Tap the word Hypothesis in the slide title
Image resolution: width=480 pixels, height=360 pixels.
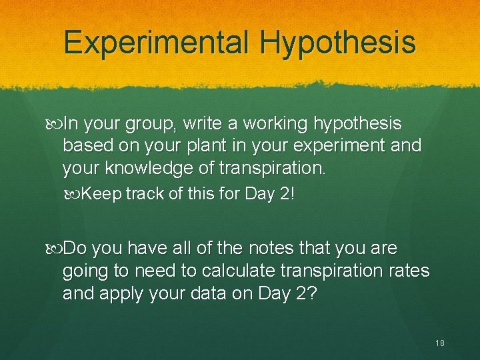[338, 42]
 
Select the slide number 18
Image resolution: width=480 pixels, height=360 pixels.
[439, 343]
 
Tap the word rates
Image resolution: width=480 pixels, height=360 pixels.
[411, 271]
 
